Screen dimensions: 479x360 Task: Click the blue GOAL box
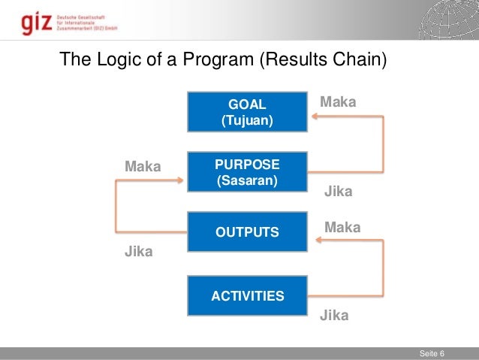pyautogui.click(x=247, y=111)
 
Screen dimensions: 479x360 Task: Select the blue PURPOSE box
pyautogui.click(x=247, y=172)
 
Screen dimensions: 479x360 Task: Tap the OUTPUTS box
pyautogui.click(x=247, y=231)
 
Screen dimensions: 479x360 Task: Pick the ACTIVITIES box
pyautogui.click(x=247, y=296)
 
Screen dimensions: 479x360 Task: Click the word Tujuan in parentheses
pyautogui.click(x=247, y=120)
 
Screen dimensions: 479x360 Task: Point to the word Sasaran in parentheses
pyautogui.click(x=247, y=181)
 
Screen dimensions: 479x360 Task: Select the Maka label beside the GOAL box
pyautogui.click(x=338, y=101)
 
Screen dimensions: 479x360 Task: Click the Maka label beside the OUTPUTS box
pyautogui.click(x=342, y=227)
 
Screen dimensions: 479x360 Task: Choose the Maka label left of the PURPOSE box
pyautogui.click(x=143, y=166)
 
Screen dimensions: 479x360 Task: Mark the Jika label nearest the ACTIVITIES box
pyautogui.click(x=334, y=316)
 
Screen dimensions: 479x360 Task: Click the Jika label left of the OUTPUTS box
pyautogui.click(x=138, y=253)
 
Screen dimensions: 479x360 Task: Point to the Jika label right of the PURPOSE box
pyautogui.click(x=338, y=192)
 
